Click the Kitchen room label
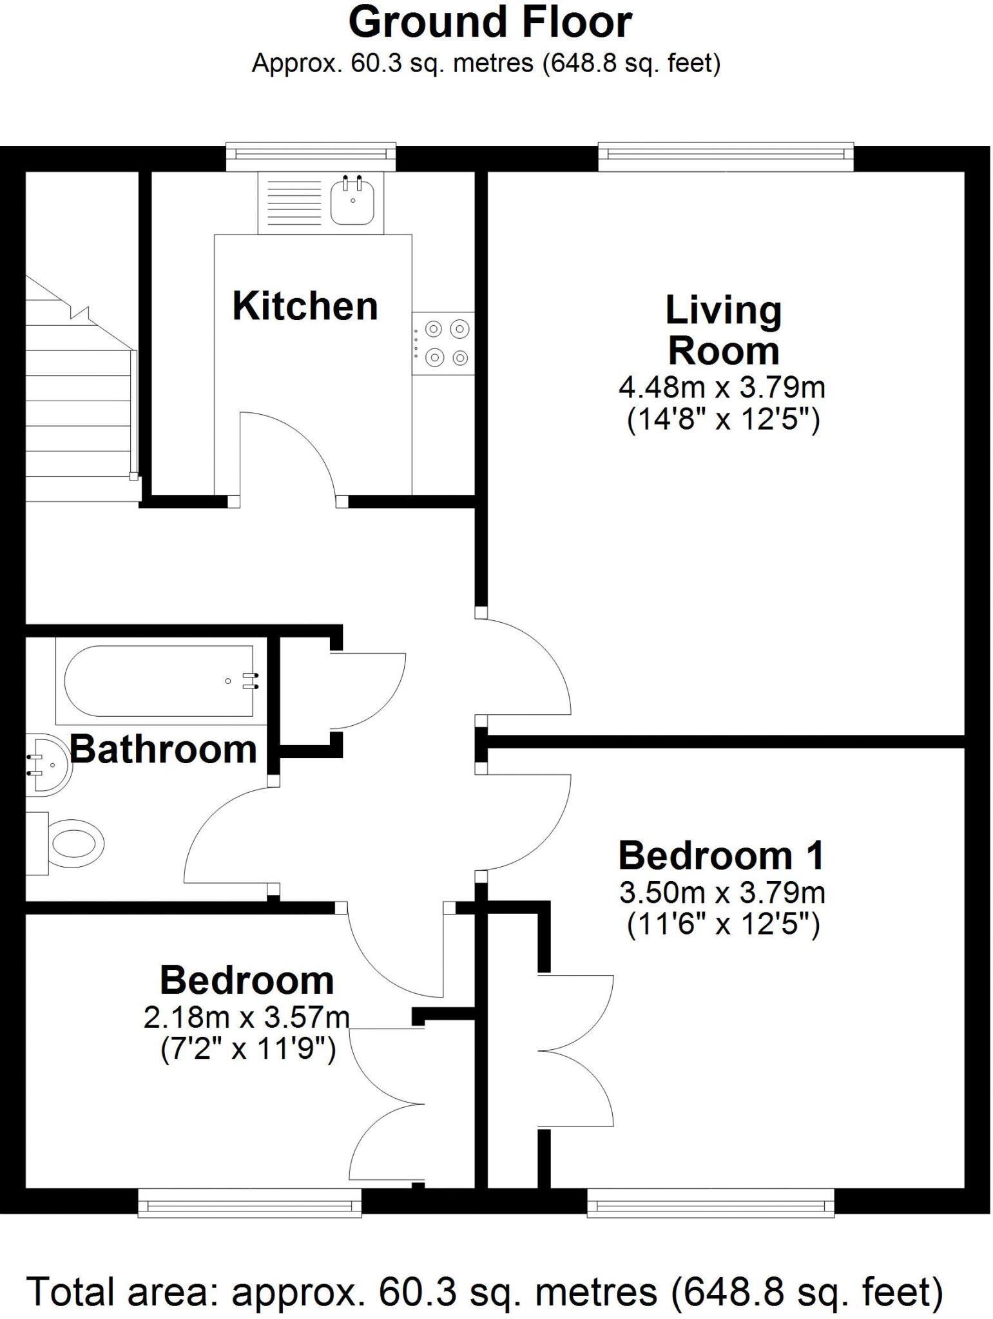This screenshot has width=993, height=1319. click(x=305, y=306)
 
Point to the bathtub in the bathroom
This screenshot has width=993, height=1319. click(x=159, y=681)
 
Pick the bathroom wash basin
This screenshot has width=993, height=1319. click(x=48, y=764)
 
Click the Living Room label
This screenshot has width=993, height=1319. click(x=723, y=330)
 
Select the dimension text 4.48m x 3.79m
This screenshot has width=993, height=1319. click(x=722, y=388)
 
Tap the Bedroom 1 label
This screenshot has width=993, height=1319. click(x=721, y=856)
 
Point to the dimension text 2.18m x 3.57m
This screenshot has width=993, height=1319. click(x=247, y=1018)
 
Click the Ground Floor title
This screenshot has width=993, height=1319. click(x=490, y=23)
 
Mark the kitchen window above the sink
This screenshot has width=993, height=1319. click(x=311, y=155)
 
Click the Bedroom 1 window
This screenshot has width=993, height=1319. click(x=710, y=1202)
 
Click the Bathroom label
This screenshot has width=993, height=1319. click(x=163, y=750)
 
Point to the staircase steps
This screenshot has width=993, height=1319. click(x=77, y=419)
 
